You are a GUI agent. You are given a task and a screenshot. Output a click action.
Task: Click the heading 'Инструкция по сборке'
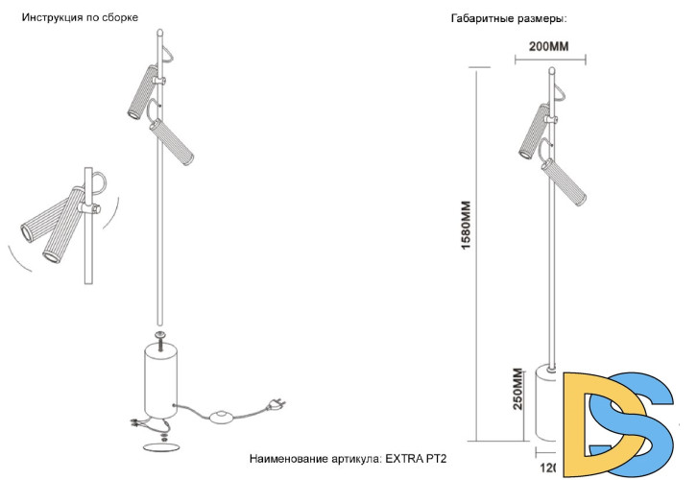tap(80, 18)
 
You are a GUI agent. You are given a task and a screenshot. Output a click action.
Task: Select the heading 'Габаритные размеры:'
tap(508, 18)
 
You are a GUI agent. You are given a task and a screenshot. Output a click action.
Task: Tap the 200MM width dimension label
tap(549, 46)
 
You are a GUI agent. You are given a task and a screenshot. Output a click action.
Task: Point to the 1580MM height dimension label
tap(466, 226)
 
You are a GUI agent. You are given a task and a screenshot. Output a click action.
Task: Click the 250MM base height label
tap(517, 390)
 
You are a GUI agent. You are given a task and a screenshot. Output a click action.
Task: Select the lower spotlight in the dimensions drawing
tap(564, 180)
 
